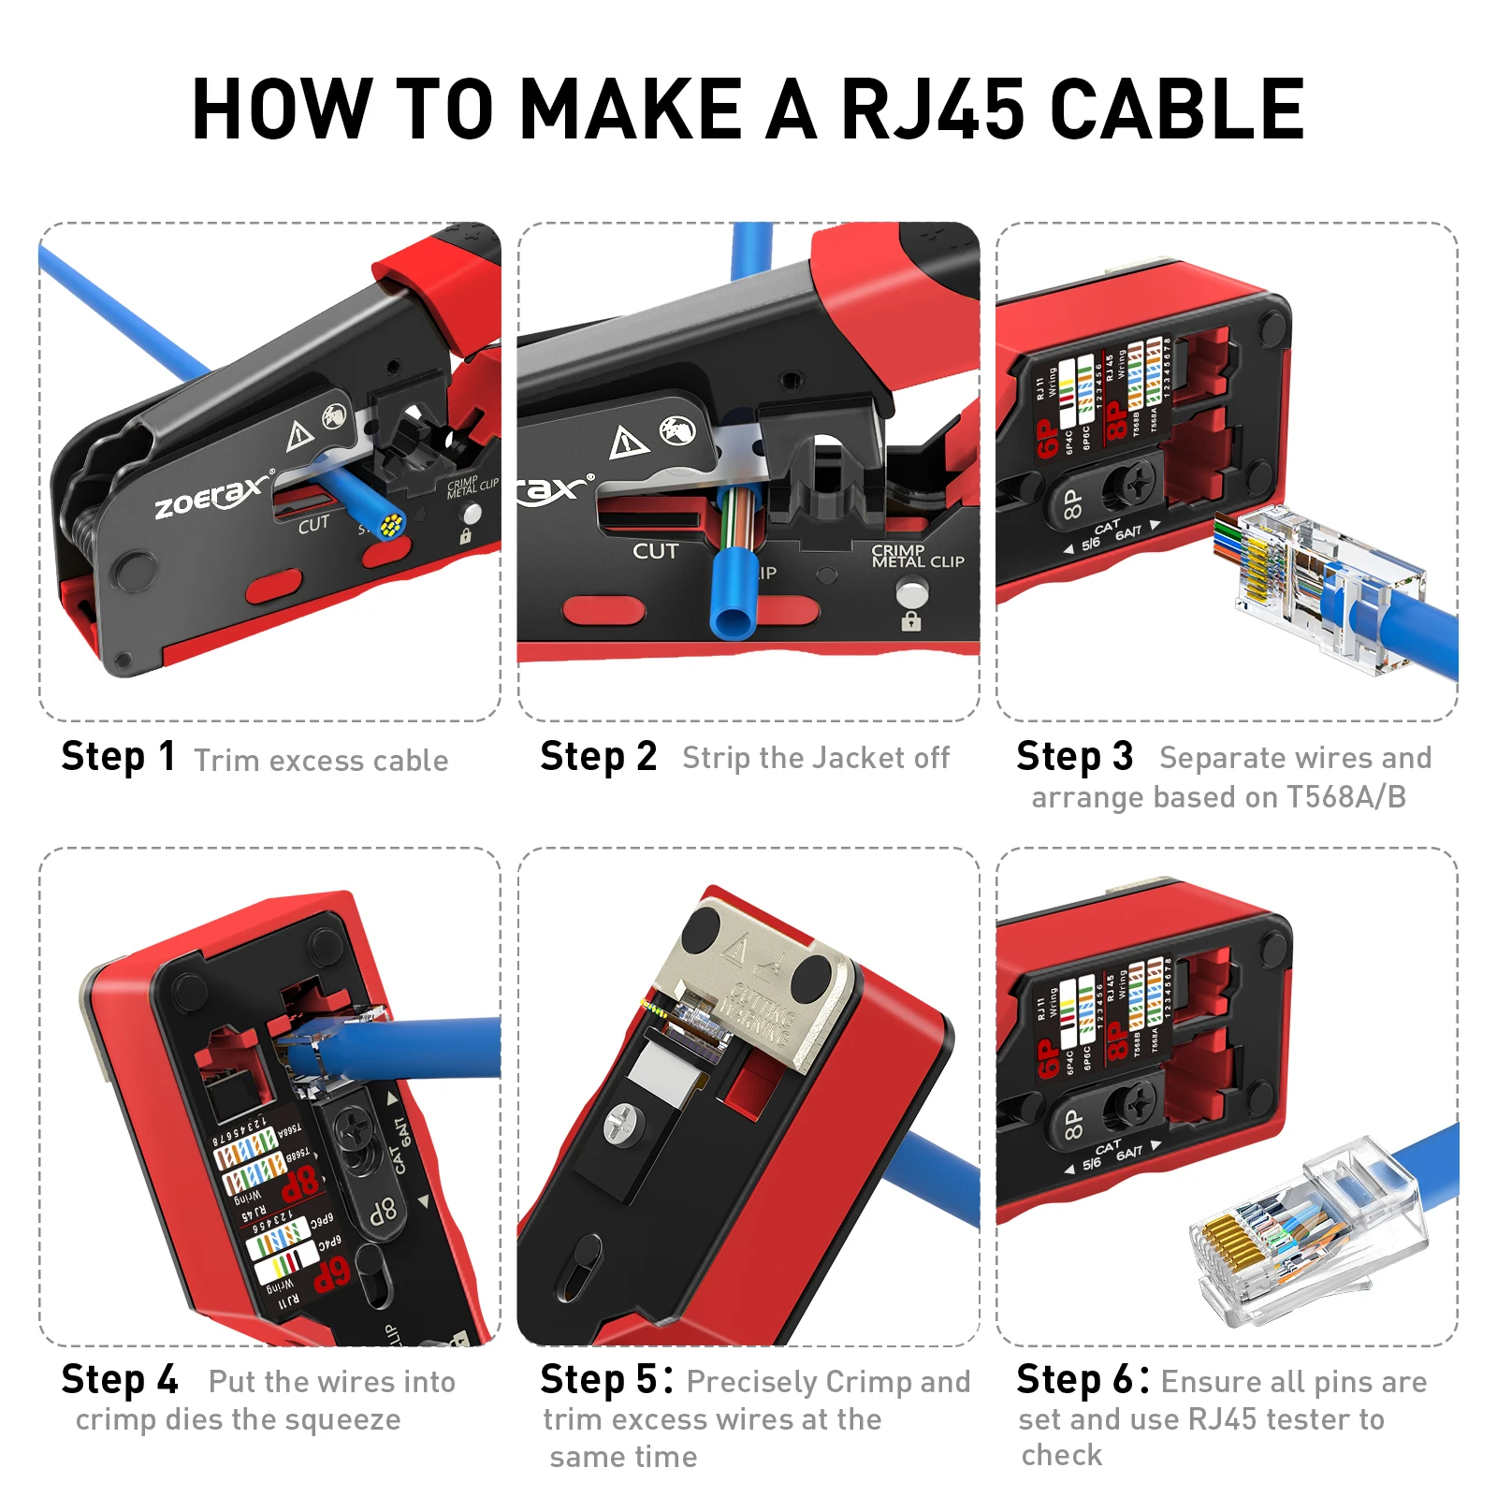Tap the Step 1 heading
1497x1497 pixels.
tap(118, 757)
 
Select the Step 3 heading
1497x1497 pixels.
tap(1074, 757)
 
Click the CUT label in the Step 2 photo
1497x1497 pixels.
tap(655, 551)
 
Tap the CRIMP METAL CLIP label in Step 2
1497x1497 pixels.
tap(916, 557)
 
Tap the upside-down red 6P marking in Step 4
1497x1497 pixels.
tap(331, 1274)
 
